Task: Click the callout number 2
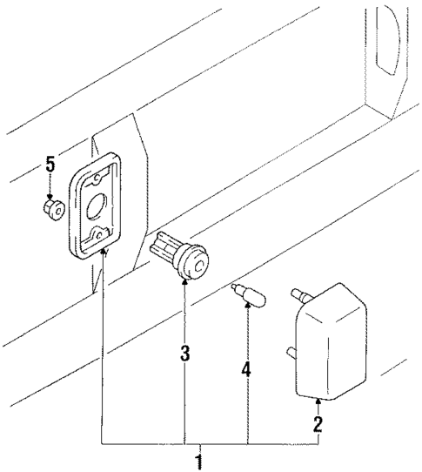click(318, 424)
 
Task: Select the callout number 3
click(184, 354)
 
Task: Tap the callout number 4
click(246, 369)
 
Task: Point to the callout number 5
click(50, 163)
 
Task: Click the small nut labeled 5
click(51, 208)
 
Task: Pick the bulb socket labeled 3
click(181, 259)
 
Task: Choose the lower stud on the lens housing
click(291, 353)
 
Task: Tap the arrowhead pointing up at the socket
click(184, 284)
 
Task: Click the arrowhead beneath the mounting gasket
click(103, 253)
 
